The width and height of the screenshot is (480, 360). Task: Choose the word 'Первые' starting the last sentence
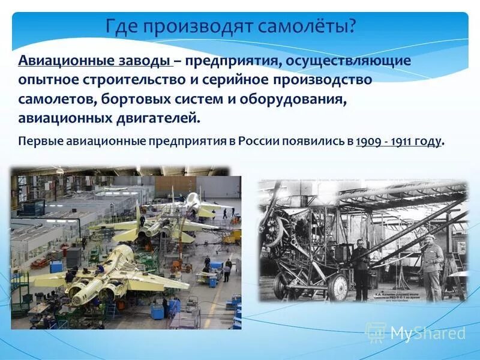(38, 142)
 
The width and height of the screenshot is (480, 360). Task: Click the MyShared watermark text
(428, 333)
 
